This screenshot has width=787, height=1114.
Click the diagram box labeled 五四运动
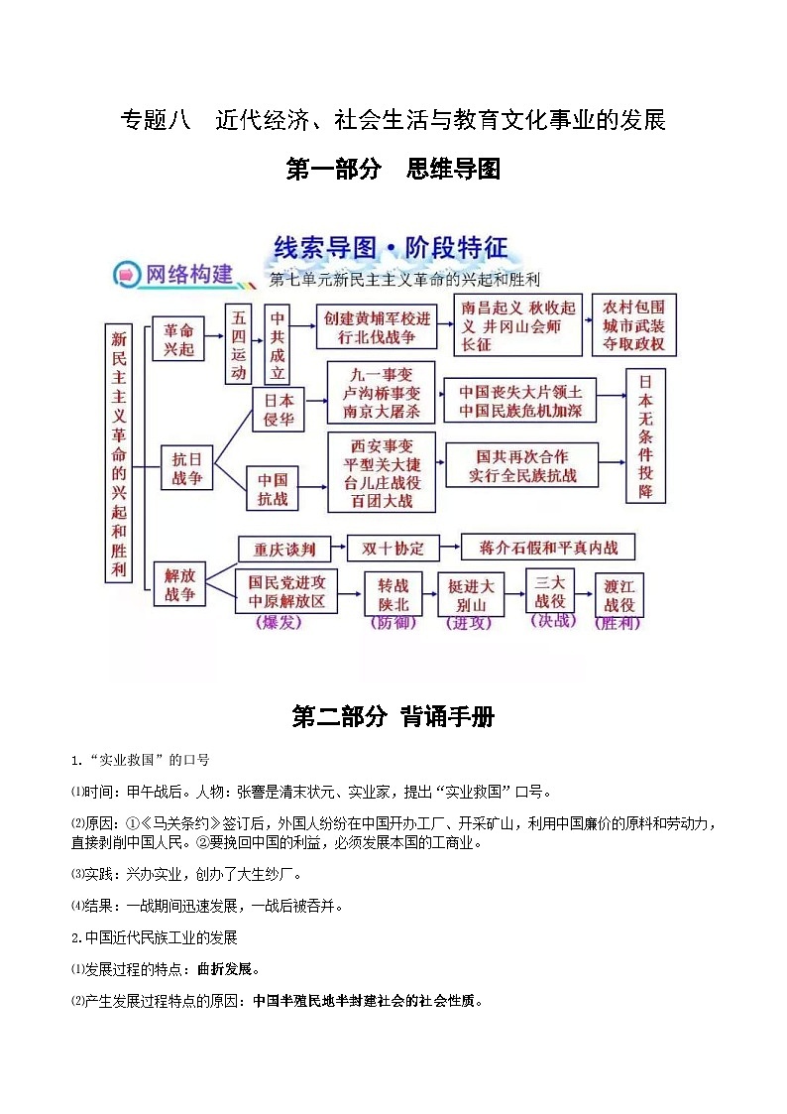[x=239, y=344]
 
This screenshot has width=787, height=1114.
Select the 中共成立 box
[x=279, y=344]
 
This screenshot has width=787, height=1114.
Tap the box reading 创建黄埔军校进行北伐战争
[x=377, y=326]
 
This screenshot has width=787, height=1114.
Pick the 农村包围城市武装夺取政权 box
[x=634, y=323]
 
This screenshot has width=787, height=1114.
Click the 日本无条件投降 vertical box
[x=645, y=435]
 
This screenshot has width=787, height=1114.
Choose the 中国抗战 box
[x=274, y=488]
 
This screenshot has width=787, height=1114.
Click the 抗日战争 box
[x=187, y=468]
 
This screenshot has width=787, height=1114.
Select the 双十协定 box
[x=393, y=549]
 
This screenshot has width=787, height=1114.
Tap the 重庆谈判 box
[x=284, y=550]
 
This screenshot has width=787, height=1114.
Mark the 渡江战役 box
[x=619, y=596]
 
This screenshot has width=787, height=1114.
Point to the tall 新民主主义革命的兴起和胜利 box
[x=119, y=451]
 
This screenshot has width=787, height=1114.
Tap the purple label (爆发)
[x=279, y=623]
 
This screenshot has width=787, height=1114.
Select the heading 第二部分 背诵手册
[x=393, y=717]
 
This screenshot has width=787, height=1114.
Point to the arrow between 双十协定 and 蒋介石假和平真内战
[x=449, y=549]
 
